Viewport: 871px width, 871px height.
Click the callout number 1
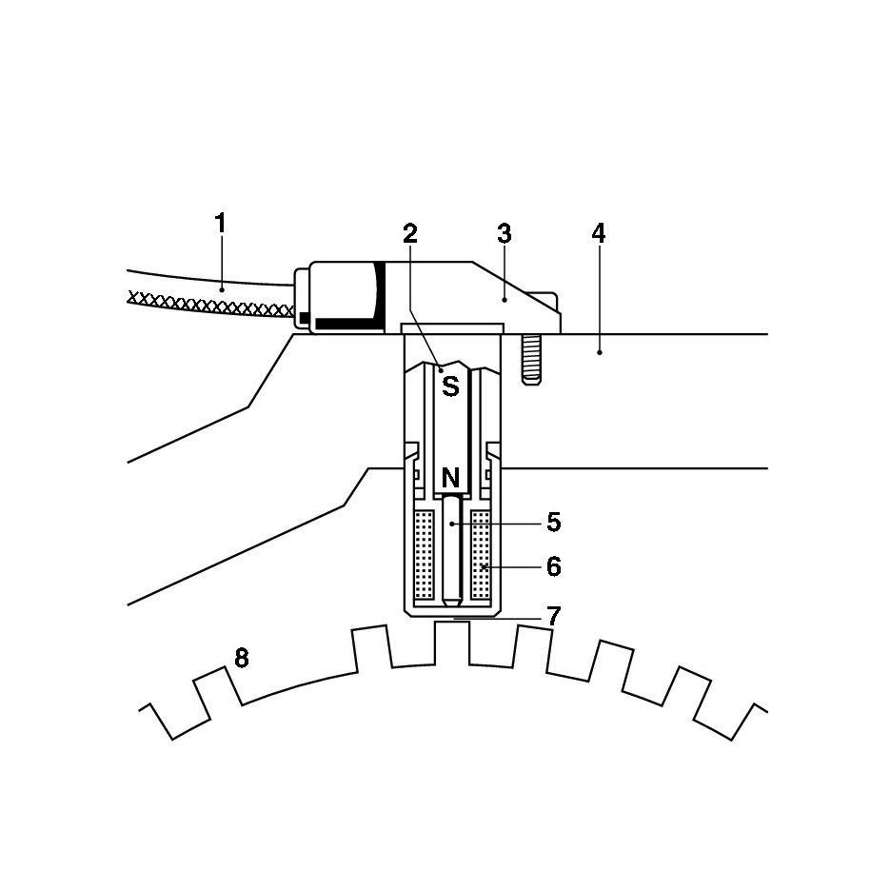point(220,225)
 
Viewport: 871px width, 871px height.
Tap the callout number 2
point(410,233)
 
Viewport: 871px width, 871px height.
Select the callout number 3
point(505,233)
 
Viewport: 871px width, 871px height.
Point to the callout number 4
point(598,233)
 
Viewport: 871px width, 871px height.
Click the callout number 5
point(553,523)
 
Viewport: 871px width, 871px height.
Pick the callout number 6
point(553,566)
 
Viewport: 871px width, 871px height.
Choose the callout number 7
point(553,616)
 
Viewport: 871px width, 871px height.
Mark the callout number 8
point(242,658)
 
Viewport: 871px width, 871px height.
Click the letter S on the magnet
point(450,386)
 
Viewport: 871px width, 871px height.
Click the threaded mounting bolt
point(532,359)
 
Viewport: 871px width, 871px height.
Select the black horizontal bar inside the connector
point(347,324)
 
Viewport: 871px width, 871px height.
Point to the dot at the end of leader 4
point(600,353)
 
